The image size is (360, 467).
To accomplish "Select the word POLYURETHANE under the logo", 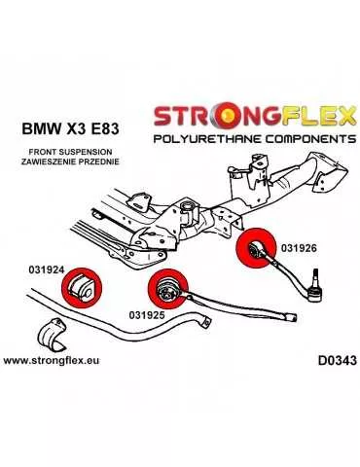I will click(200, 141).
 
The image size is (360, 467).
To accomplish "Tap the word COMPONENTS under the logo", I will click(293, 141).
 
